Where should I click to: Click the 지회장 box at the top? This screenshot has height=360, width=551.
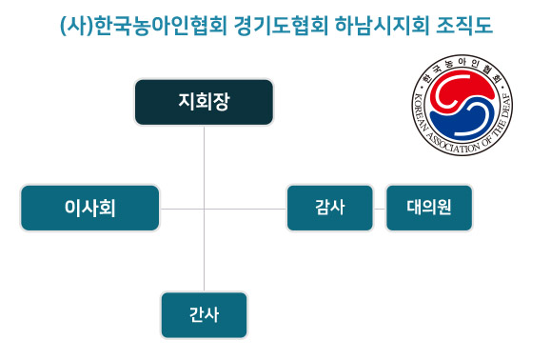204,102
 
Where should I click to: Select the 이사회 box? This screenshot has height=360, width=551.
89,208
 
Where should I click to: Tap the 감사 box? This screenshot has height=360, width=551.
329,208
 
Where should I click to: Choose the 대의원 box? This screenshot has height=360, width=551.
428,208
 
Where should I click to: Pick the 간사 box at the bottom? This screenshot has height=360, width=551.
204,314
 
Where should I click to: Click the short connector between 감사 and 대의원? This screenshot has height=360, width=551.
379,208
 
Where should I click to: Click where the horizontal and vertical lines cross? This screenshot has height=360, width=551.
205,208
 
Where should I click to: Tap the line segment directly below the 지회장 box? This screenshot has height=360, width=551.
205,162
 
